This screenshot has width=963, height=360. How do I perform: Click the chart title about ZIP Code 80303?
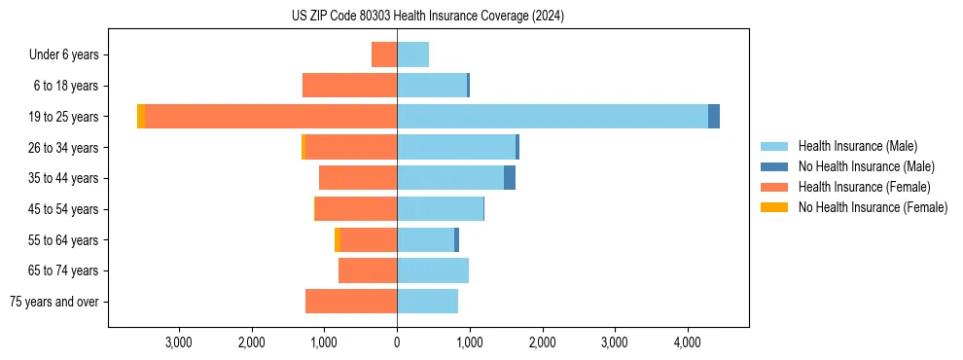[427, 17]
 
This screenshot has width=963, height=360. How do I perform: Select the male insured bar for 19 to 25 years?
[552, 117]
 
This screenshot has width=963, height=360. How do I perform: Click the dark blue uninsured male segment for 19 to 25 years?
[714, 117]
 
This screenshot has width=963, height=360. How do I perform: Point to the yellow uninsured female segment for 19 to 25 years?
[141, 117]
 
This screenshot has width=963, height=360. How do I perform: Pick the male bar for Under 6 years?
[412, 55]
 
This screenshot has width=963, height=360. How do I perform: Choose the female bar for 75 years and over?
[351, 302]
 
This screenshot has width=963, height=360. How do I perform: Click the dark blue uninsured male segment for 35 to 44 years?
[509, 178]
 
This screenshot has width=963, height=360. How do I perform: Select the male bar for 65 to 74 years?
[433, 270]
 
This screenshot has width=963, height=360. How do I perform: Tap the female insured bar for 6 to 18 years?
[349, 86]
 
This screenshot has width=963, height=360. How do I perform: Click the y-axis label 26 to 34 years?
[63, 148]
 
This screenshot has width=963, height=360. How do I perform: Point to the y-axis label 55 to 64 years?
[63, 240]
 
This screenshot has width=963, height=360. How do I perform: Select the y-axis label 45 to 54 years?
[63, 209]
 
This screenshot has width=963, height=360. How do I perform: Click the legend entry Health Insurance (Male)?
[857, 146]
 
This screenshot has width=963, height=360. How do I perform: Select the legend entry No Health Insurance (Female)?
[873, 207]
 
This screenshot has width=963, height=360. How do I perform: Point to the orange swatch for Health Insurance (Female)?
[774, 187]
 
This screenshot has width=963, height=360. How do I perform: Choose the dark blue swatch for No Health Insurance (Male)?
[774, 166]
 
